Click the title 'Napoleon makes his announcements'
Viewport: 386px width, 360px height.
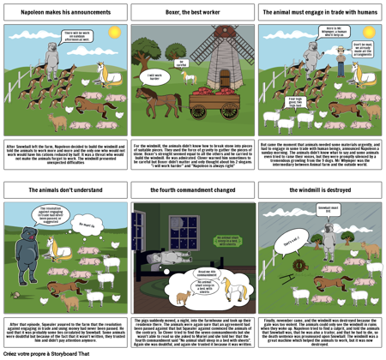[x=63, y=15]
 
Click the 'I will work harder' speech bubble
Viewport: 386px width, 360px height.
[x=154, y=75]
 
